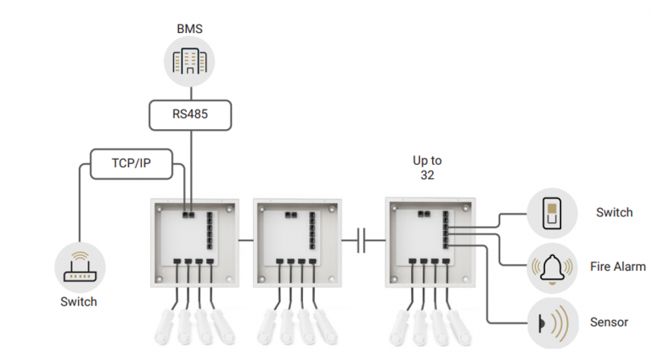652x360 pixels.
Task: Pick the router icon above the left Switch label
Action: (77, 264)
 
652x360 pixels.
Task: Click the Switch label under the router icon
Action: (77, 302)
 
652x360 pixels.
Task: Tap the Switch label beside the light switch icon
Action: (614, 212)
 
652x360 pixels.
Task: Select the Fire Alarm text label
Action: (617, 267)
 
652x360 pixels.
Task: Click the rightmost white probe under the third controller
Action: (447, 327)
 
